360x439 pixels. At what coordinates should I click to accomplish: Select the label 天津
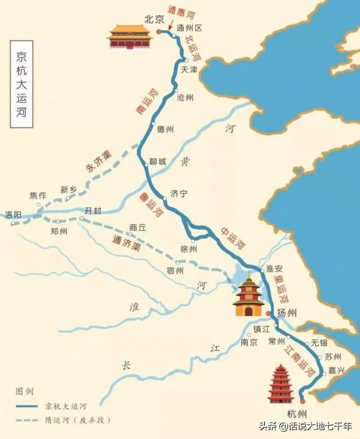point(189,70)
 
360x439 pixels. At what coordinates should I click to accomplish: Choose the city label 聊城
point(158,162)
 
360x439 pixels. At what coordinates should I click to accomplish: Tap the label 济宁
point(179,194)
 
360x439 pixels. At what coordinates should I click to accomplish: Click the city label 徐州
point(188,248)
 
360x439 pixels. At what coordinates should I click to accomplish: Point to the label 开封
point(94,211)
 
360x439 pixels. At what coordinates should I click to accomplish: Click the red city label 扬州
point(287,313)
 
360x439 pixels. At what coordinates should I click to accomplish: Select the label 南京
point(248,342)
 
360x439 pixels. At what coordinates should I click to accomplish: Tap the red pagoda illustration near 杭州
point(280,384)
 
